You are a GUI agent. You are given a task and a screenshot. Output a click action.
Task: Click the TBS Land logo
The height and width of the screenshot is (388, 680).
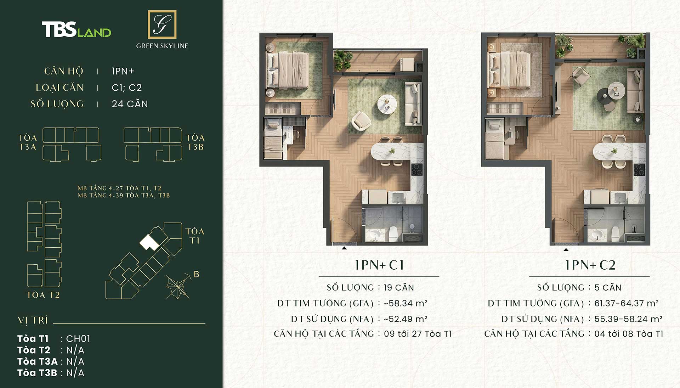click(x=76, y=29)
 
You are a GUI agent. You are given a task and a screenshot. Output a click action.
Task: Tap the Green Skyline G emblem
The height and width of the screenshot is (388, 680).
click(x=162, y=24)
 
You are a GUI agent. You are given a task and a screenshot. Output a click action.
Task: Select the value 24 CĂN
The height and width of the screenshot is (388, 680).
click(x=130, y=104)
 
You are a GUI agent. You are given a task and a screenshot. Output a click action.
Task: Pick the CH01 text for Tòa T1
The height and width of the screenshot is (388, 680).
click(x=78, y=339)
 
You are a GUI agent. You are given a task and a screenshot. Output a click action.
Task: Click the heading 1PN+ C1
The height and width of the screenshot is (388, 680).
click(x=379, y=265)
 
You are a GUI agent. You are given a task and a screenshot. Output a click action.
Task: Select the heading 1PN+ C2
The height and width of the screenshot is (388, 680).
click(x=590, y=265)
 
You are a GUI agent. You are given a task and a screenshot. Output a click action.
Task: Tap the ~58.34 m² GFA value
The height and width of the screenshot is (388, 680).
click(x=406, y=303)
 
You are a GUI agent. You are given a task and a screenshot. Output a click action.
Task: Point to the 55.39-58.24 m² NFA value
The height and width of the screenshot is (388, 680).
click(x=628, y=319)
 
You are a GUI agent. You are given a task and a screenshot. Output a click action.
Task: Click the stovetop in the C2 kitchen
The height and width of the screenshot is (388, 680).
click(x=639, y=170)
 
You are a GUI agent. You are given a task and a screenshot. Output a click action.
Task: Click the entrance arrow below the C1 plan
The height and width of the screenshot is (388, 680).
click(x=344, y=248)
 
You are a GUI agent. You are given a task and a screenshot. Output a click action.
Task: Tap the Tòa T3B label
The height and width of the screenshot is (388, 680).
click(x=195, y=142)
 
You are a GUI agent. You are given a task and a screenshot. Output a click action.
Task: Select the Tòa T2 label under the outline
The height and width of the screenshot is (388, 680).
click(x=43, y=295)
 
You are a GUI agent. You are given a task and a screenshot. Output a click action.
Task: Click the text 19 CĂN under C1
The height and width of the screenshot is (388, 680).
click(x=399, y=287)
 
